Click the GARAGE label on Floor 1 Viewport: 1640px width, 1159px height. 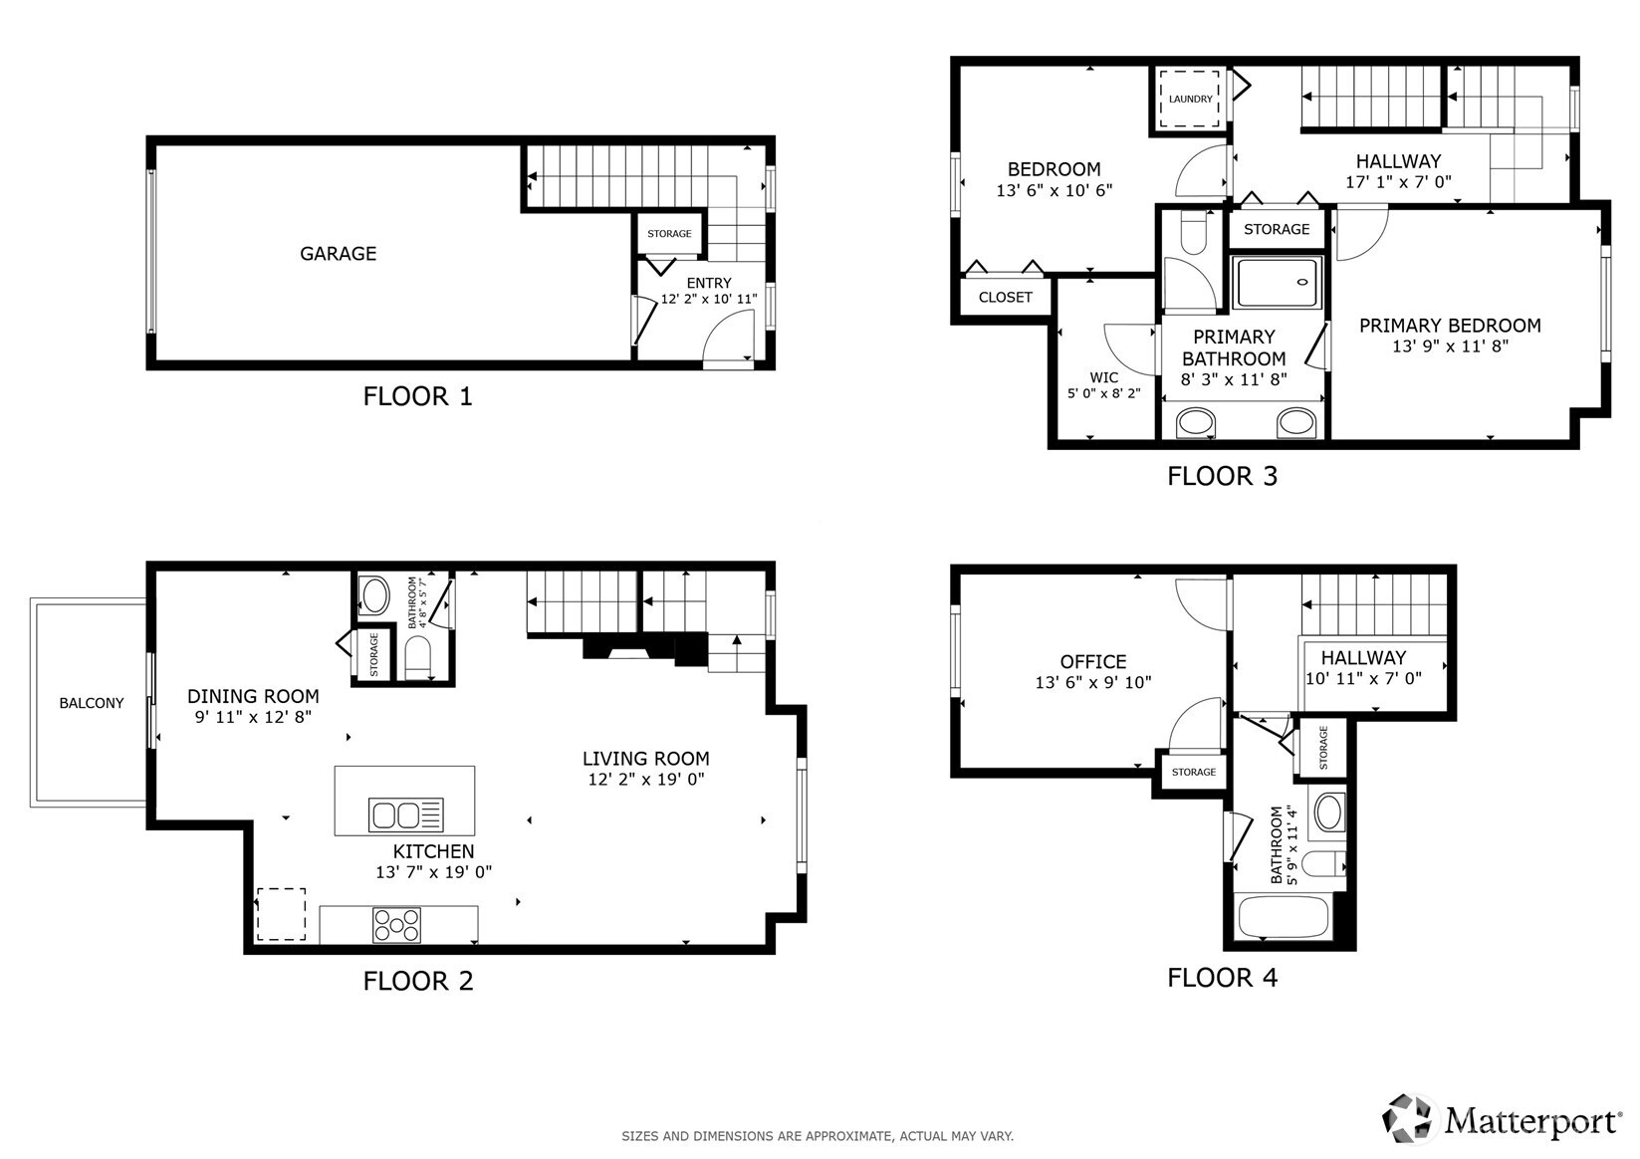(338, 254)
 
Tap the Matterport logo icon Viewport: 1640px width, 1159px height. (1408, 1119)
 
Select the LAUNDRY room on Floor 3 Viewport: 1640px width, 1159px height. (1191, 99)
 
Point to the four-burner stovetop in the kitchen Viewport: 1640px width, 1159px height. (396, 925)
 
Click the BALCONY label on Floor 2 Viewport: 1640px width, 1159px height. (91, 703)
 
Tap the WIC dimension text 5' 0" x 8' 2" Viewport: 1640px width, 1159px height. (1103, 393)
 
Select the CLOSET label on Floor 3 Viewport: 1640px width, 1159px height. (1005, 297)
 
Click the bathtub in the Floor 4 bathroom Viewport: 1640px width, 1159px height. (1283, 917)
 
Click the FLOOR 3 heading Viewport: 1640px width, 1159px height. (1221, 476)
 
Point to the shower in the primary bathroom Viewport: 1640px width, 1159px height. (1279, 282)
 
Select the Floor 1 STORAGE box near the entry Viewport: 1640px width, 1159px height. (669, 234)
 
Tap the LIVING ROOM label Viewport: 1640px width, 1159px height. (645, 759)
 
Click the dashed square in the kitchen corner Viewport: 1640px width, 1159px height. (281, 914)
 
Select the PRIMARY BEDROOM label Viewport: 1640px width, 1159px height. (1449, 326)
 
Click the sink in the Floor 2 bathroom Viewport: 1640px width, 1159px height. (374, 596)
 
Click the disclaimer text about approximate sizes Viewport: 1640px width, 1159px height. (817, 1136)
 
